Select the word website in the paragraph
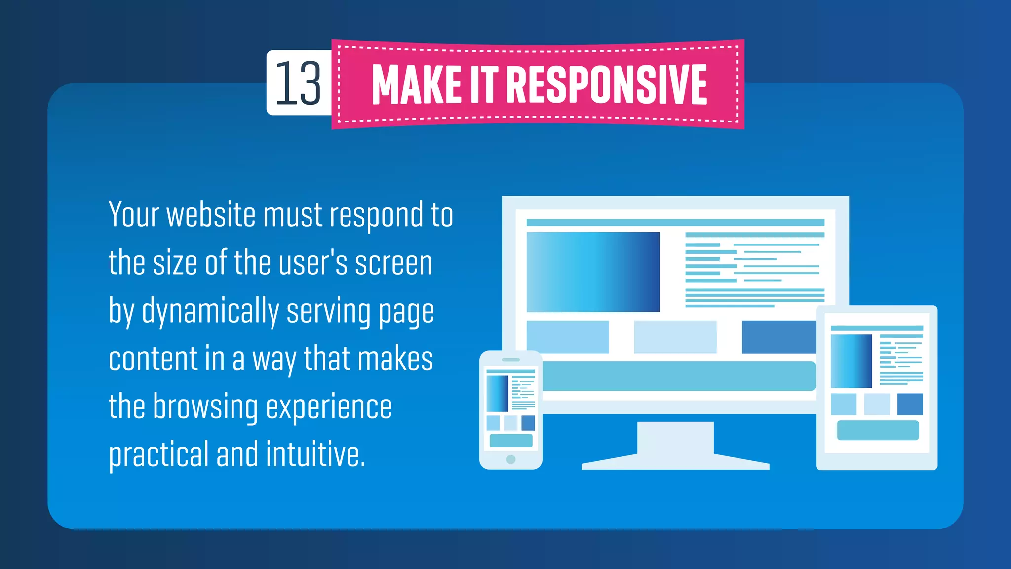pos(211,215)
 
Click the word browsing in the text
pos(205,407)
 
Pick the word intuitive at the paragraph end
pos(315,454)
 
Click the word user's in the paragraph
pos(313,263)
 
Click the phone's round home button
pos(511,459)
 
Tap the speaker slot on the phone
pos(511,360)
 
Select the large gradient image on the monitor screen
pos(593,272)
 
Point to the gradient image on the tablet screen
pos(851,361)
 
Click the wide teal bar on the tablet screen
pos(878,430)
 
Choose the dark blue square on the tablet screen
pos(910,404)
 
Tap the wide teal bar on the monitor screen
pos(679,376)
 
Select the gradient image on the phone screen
pos(497,394)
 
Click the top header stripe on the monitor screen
pos(675,223)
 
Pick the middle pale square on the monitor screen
pos(675,337)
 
